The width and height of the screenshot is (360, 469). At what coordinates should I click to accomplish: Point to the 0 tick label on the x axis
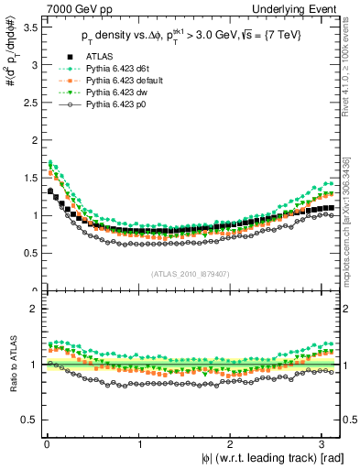(x=46, y=446)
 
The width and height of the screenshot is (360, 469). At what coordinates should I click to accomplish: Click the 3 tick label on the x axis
(x=327, y=446)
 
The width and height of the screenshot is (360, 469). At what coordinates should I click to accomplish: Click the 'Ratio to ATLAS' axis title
(x=11, y=365)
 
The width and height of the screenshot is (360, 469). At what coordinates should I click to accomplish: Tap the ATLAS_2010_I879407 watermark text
(x=191, y=274)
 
